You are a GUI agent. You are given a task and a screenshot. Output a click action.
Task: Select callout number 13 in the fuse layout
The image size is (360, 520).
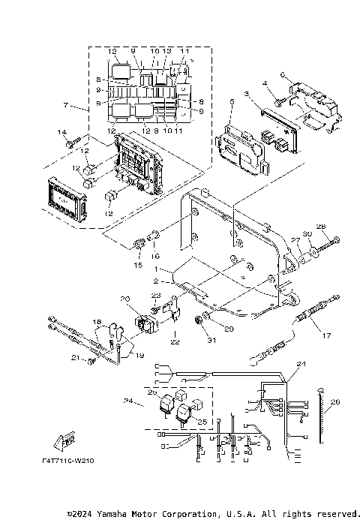167,50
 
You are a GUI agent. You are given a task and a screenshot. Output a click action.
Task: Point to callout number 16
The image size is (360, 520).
156,256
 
